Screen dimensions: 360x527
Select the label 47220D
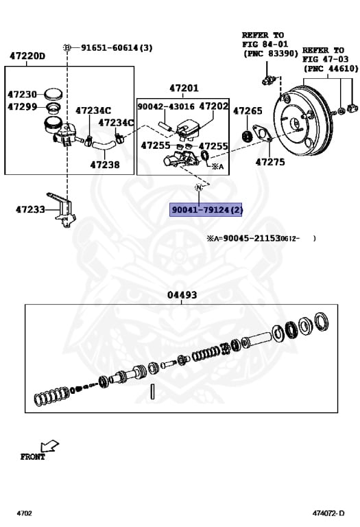(x=27, y=56)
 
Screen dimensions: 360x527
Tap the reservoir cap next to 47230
(x=53, y=94)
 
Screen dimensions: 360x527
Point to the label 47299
(x=22, y=107)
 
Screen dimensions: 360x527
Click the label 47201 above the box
(x=184, y=88)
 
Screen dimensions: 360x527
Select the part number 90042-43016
(x=166, y=106)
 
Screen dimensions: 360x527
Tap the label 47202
(x=213, y=106)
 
